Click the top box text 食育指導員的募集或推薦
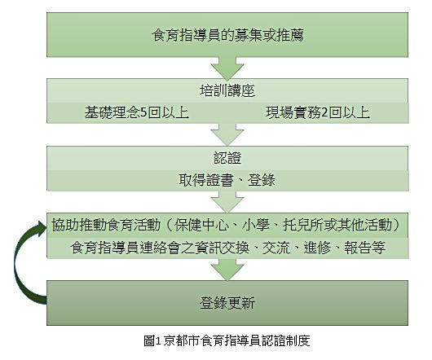point(227,36)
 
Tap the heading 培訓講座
point(227,91)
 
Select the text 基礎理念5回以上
point(137,112)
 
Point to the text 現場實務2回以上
point(318,112)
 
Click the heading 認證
point(227,158)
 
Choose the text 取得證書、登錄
point(227,180)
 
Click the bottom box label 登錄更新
point(227,303)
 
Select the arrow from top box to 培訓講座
point(227,68)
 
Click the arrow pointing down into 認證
point(227,135)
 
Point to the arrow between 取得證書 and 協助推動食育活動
point(227,202)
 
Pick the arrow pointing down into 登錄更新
point(227,270)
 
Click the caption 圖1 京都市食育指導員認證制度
point(227,340)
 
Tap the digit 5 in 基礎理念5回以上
point(143,113)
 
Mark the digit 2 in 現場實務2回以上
point(325,113)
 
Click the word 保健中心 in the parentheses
point(201,225)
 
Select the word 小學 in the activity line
point(256,225)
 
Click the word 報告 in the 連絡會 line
point(357,248)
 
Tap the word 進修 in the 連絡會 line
point(317,248)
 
